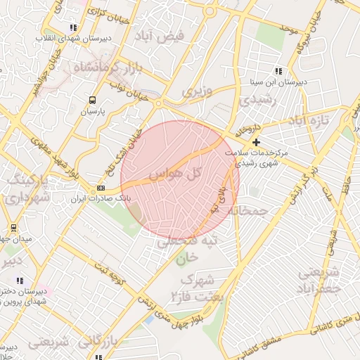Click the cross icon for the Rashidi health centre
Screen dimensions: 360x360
(255, 142)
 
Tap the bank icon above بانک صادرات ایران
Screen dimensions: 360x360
(101, 188)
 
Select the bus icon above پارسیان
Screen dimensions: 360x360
(92, 101)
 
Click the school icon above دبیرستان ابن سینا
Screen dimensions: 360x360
(278, 71)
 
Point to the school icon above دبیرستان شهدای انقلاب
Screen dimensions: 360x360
(74, 27)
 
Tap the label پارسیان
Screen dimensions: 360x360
(91, 111)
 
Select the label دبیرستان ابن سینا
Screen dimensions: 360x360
(279, 82)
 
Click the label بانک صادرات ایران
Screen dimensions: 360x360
(101, 199)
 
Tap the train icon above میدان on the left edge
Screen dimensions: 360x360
(13, 228)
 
